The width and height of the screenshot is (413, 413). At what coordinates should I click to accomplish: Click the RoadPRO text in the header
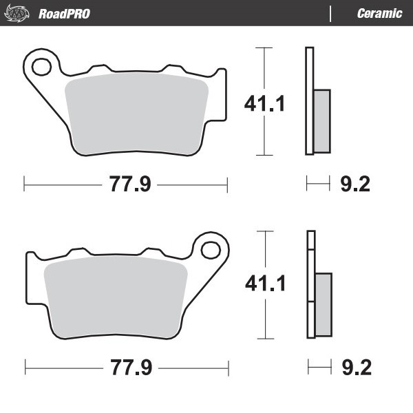pos(64,13)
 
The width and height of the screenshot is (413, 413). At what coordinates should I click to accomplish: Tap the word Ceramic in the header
pos(379,13)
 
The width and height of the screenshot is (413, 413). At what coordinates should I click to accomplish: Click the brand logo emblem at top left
pos(20,13)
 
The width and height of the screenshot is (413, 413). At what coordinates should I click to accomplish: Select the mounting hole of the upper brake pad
pos(41,67)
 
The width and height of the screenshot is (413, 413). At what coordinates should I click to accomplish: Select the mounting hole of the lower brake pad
pos(210,248)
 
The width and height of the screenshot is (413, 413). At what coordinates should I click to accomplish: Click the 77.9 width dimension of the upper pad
pos(126,184)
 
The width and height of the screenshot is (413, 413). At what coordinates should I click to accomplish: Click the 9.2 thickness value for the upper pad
pos(356,184)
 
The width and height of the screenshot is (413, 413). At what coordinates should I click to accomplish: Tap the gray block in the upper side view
pos(321,121)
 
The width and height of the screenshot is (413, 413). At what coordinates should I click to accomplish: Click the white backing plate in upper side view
pos(309,69)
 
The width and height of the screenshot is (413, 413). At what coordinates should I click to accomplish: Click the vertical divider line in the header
pos(331,13)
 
